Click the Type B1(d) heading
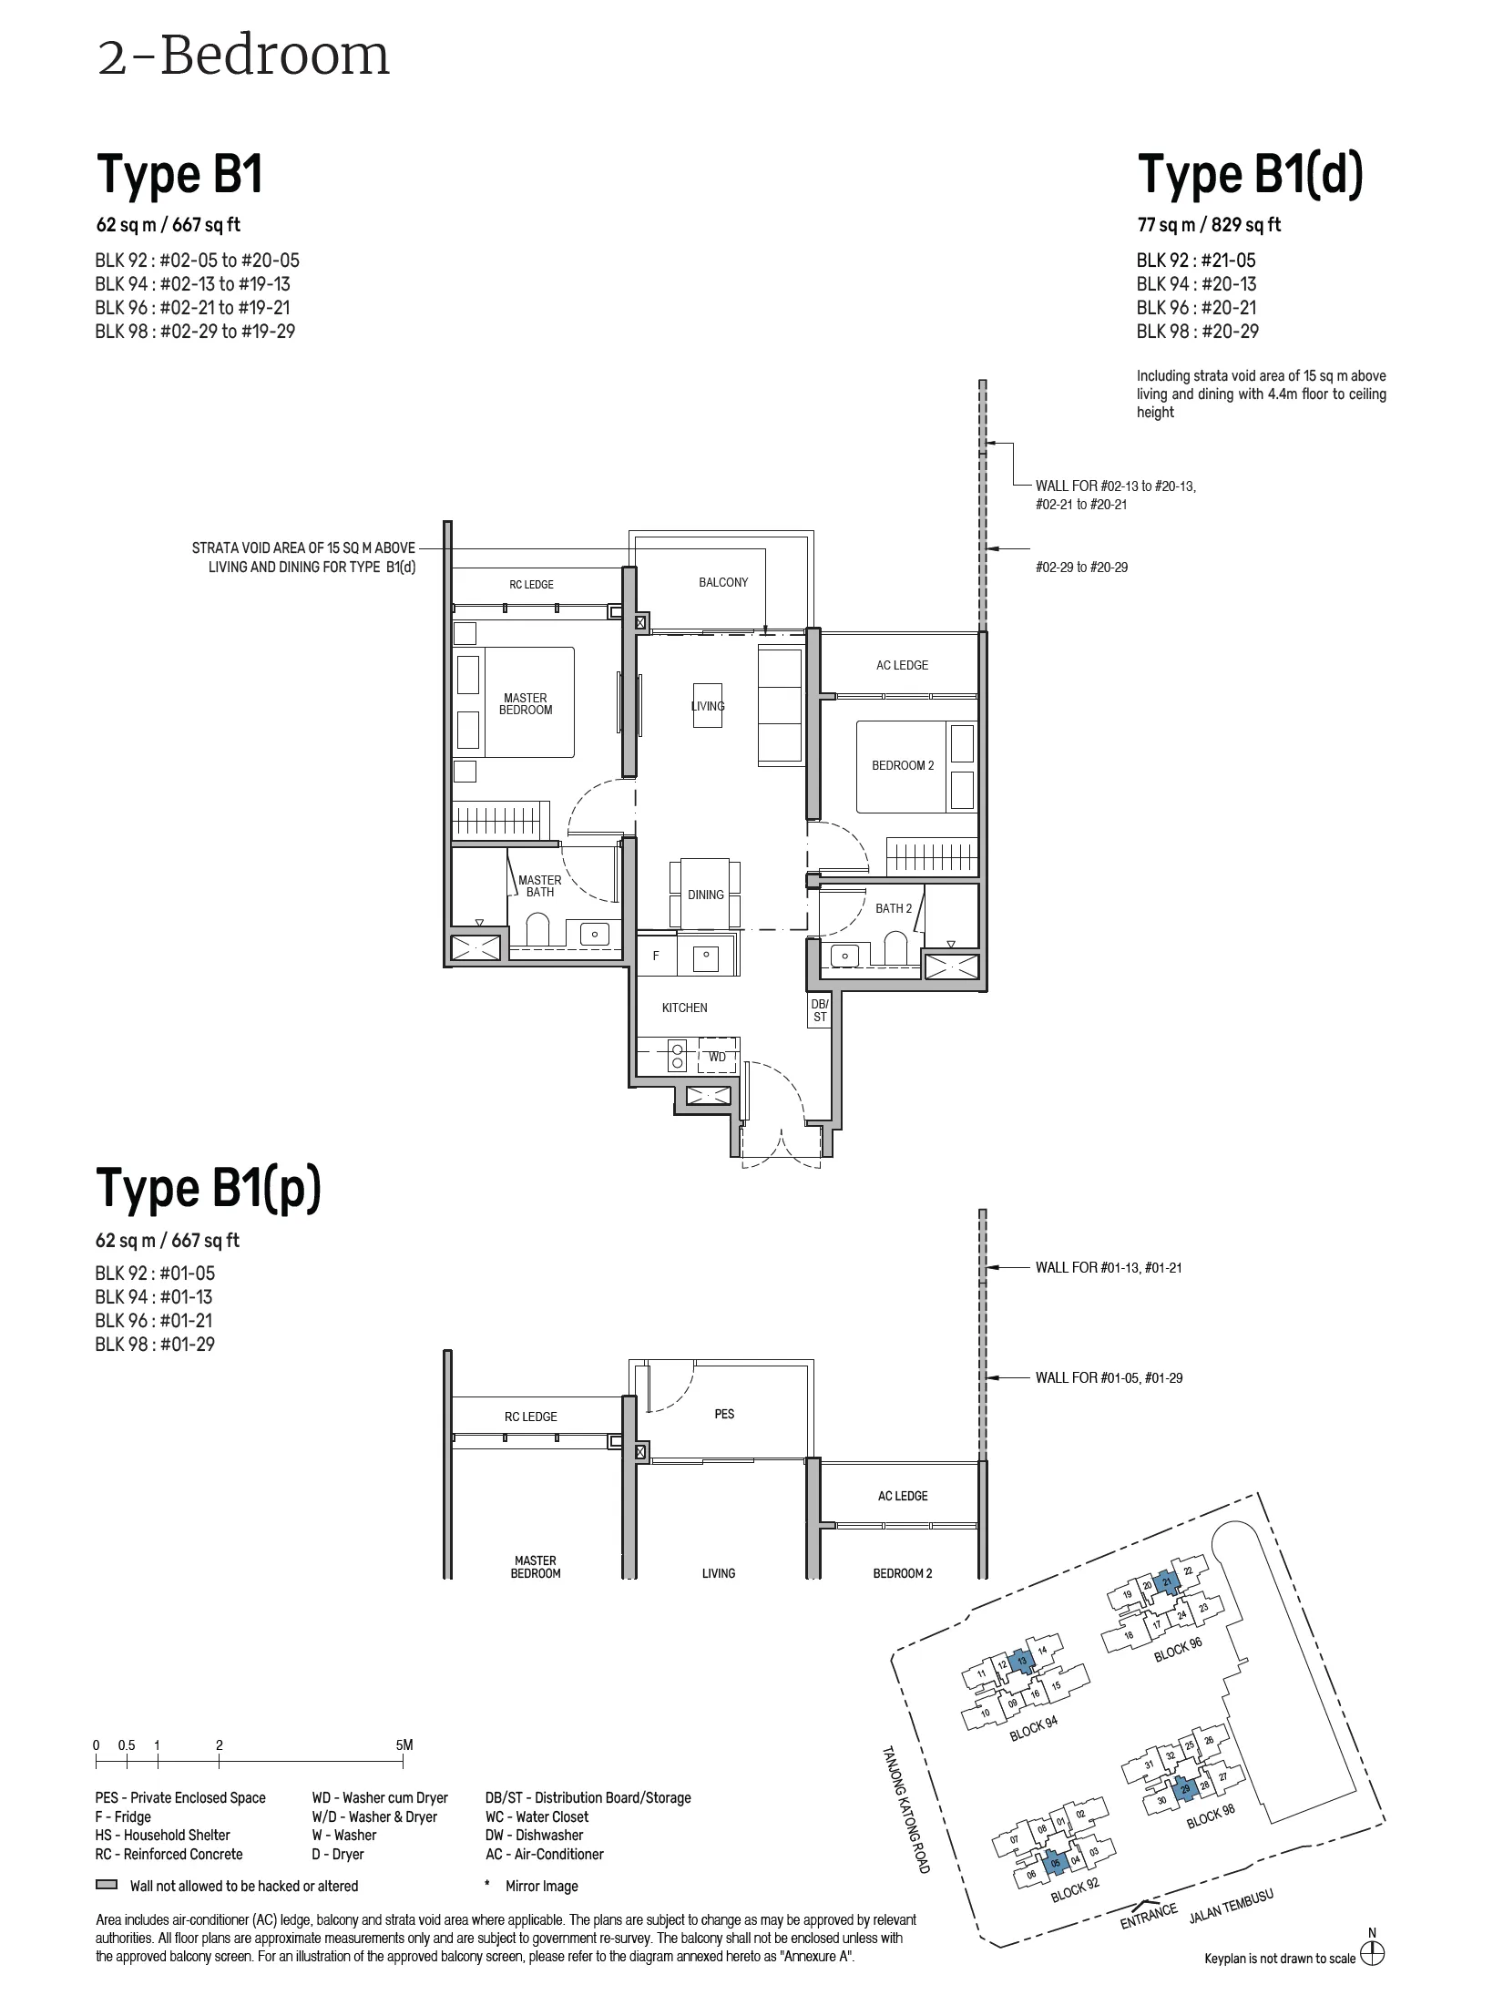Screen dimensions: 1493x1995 (1250, 176)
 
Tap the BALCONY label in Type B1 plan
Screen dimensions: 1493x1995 (723, 582)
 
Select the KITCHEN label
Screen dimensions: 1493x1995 (685, 1008)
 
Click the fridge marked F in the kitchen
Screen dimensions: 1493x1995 (656, 956)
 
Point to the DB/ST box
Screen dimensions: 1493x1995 (820, 1010)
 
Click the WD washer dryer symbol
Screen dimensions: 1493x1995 (718, 1057)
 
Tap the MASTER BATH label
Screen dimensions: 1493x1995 (540, 886)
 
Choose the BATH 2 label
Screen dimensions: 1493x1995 (894, 908)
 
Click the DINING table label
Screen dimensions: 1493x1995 (706, 895)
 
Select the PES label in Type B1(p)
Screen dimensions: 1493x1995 (724, 1414)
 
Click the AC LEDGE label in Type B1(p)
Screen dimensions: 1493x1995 (903, 1496)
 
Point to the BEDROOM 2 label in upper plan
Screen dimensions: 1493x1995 (903, 765)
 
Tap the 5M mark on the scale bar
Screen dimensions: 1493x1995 (404, 1744)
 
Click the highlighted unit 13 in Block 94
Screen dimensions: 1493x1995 (1023, 1662)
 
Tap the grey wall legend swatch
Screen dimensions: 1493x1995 (107, 1885)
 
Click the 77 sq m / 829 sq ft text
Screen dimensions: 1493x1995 (1209, 224)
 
